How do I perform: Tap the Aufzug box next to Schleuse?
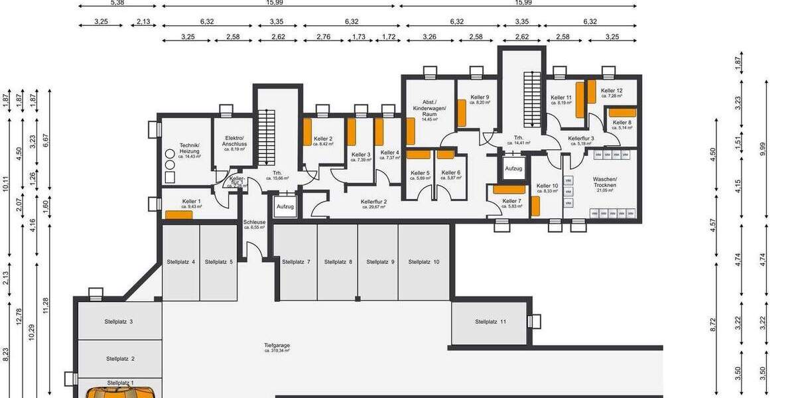click(285, 206)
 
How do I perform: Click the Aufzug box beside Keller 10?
click(513, 168)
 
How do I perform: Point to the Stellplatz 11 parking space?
click(490, 322)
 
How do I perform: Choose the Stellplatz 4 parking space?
click(180, 262)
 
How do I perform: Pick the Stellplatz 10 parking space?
click(423, 262)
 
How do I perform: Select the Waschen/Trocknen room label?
click(604, 182)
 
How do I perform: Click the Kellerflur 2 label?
click(374, 203)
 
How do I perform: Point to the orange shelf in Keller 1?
click(178, 214)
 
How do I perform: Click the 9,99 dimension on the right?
click(763, 149)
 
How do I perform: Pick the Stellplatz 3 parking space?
click(119, 322)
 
